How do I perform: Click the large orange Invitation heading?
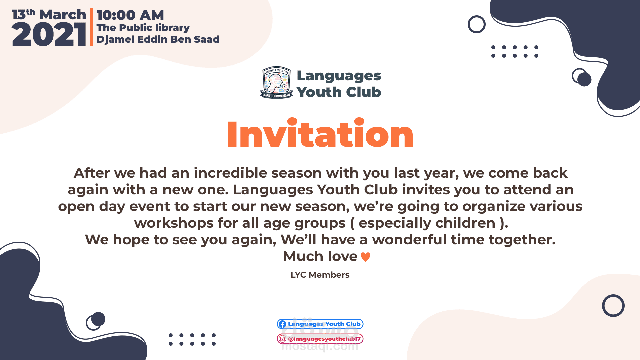(x=320, y=133)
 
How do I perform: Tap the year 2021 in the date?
(x=49, y=34)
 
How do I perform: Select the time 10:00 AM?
(x=130, y=15)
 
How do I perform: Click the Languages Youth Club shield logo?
(x=276, y=83)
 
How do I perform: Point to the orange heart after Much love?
(x=366, y=257)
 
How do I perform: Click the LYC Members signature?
(x=320, y=275)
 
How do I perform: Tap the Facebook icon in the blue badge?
(x=282, y=324)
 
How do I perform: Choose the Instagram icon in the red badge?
(x=282, y=339)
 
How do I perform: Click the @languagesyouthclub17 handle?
(x=324, y=339)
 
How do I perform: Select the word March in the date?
(x=63, y=15)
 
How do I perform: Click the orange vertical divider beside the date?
(x=91, y=27)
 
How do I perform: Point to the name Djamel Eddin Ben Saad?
(x=158, y=39)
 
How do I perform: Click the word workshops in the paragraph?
(x=174, y=223)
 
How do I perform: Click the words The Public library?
(x=143, y=28)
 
